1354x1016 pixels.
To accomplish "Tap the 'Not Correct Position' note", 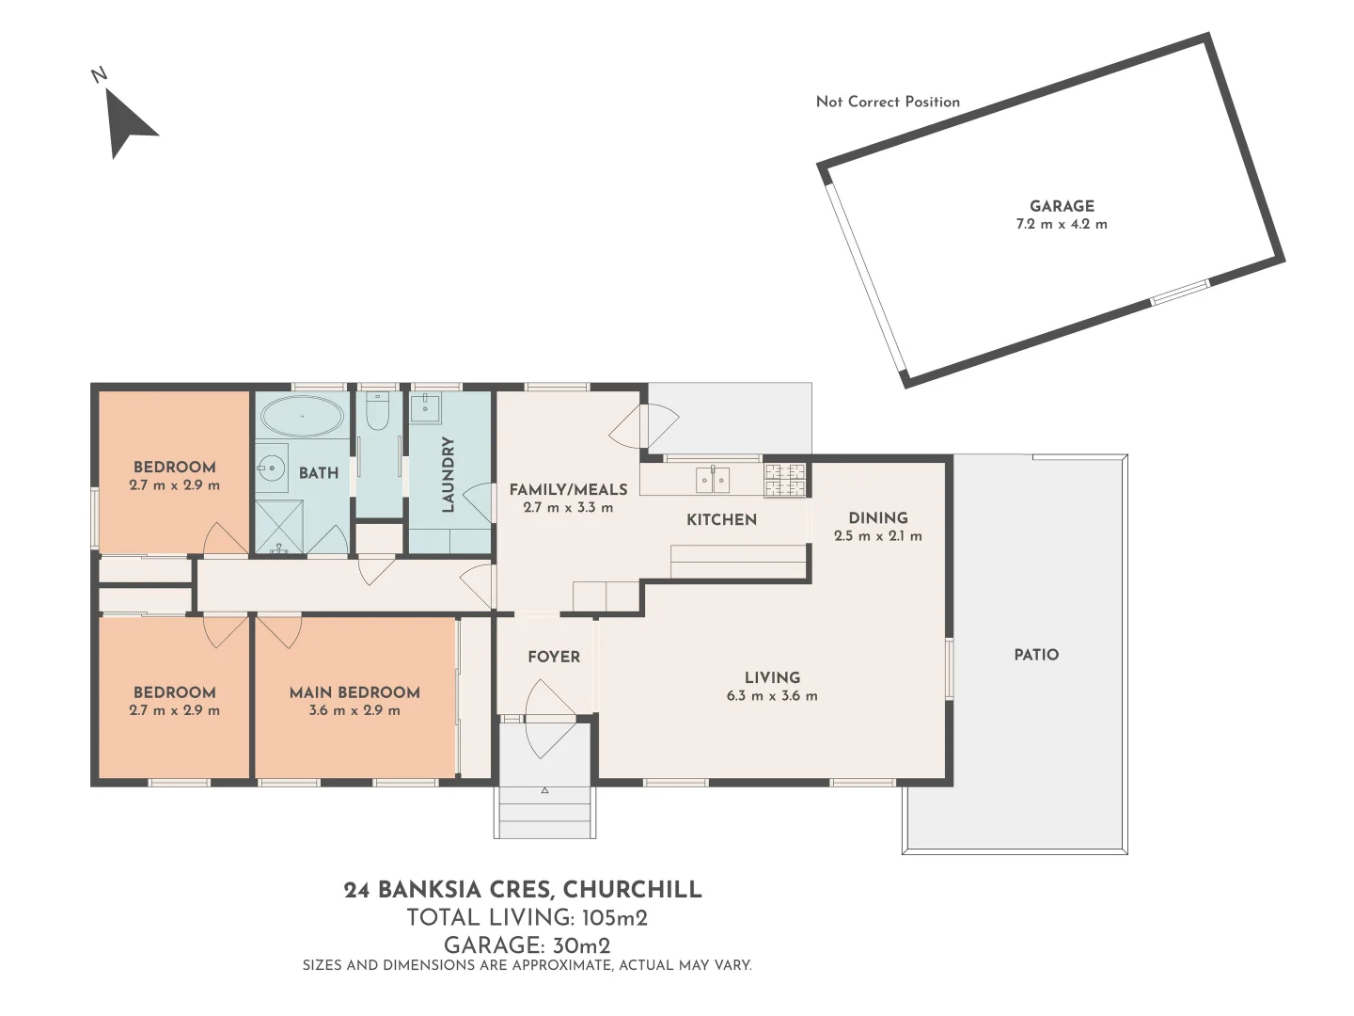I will point(888,102).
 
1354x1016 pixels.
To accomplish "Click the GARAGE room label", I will point(1062,206).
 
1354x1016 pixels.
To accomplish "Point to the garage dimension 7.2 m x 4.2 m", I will point(1062,225).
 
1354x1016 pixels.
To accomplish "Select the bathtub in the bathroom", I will point(302,415).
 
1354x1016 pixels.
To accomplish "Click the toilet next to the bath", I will point(379,410).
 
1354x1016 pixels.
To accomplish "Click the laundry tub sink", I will point(426,408).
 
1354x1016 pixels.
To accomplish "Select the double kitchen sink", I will point(712,480).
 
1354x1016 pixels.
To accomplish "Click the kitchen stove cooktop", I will point(785,480).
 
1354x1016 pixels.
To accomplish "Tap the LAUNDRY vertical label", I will point(448,474).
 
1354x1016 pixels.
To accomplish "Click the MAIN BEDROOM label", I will point(354,692).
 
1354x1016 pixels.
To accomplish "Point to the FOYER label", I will point(554,657).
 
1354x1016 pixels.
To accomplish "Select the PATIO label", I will point(1036,655).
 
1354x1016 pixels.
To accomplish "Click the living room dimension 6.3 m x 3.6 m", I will point(772,696).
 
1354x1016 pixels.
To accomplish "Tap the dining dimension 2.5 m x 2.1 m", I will point(877,536).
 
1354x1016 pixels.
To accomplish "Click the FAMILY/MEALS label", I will point(568,489).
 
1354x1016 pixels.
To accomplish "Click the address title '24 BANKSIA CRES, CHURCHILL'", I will point(523,890).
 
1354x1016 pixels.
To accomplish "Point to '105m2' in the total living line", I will point(614,918).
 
